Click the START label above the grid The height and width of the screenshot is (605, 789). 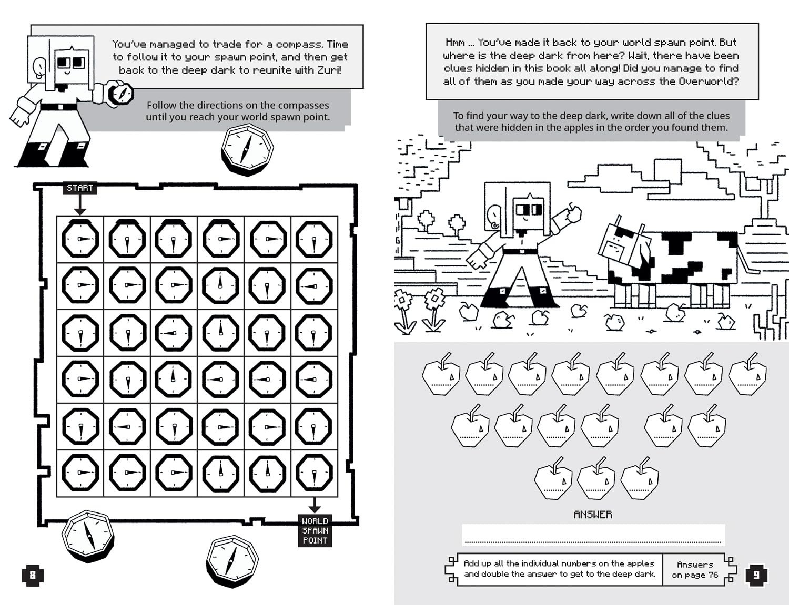(x=80, y=188)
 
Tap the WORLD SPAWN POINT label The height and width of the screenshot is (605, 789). (x=315, y=531)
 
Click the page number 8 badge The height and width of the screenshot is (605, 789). (x=33, y=575)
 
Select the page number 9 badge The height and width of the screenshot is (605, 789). (x=757, y=575)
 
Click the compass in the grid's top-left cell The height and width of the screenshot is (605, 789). (x=80, y=239)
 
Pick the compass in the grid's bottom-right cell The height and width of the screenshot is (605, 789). (x=314, y=472)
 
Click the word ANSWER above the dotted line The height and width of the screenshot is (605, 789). (x=593, y=514)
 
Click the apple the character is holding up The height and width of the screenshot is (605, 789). (x=574, y=214)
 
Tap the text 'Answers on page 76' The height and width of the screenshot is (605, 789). (x=695, y=570)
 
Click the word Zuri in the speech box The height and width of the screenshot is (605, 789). (x=329, y=70)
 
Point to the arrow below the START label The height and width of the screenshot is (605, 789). (x=80, y=205)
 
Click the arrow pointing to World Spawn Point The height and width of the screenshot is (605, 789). (x=315, y=505)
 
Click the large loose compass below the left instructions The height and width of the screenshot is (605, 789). (x=247, y=149)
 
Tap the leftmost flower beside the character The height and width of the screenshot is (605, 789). (x=404, y=310)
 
